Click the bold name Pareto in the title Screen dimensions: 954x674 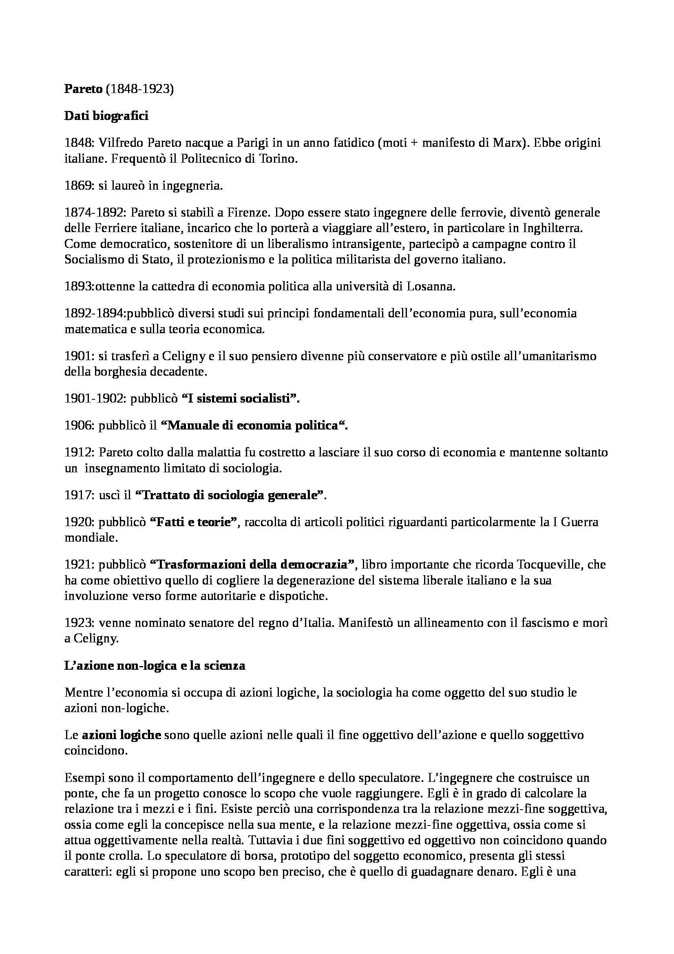pyautogui.click(x=83, y=89)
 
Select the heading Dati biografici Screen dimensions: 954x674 pyautogui.click(x=106, y=116)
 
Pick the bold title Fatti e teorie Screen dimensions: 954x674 pyautogui.click(x=193, y=522)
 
